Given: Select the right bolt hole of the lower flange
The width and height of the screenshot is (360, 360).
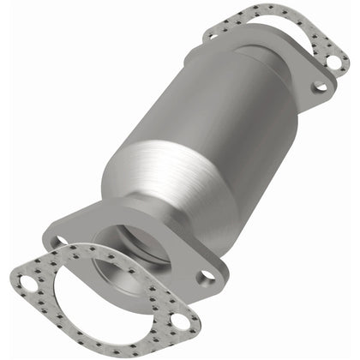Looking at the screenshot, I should pos(206,277).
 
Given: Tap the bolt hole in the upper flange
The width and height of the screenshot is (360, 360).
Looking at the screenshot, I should pos(321,87).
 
